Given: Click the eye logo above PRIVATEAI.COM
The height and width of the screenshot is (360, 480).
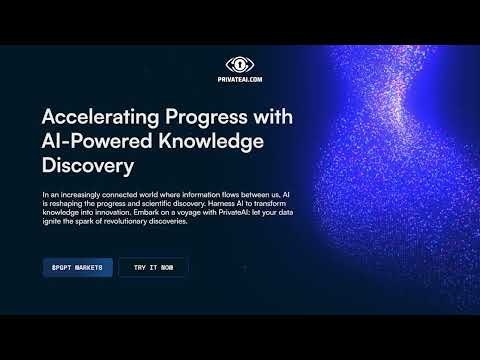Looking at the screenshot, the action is (240, 65).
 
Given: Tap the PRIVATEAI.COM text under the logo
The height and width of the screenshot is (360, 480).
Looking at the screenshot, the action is (240, 79).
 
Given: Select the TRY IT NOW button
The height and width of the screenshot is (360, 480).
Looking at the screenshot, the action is (153, 267).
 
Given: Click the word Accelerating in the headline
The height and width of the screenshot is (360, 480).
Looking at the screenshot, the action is (100, 118).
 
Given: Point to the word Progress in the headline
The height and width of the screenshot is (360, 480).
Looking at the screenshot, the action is (207, 118).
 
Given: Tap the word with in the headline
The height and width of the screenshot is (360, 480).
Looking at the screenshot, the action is (273, 117).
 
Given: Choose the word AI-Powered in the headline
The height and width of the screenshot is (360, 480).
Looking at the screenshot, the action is (97, 141).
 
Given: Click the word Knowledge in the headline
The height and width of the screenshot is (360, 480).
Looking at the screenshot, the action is (211, 142).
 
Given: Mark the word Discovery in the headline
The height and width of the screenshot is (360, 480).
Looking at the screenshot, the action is (88, 166).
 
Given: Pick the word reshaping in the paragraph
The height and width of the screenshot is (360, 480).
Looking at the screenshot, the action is (66, 204).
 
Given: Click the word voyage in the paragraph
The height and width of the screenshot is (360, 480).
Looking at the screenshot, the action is (189, 213).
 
